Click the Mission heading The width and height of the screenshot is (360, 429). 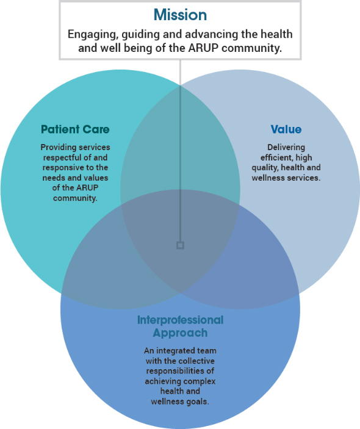coord(180,15)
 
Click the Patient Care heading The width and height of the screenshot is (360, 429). coord(75,129)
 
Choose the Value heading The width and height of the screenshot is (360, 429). coord(286,129)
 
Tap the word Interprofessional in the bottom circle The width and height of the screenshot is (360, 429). coord(180,320)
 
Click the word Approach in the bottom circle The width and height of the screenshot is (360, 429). coord(180,333)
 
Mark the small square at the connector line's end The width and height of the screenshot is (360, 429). coord(180,245)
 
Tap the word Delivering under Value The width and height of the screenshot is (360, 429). coord(286,148)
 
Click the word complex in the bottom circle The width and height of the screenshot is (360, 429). coord(200,381)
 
